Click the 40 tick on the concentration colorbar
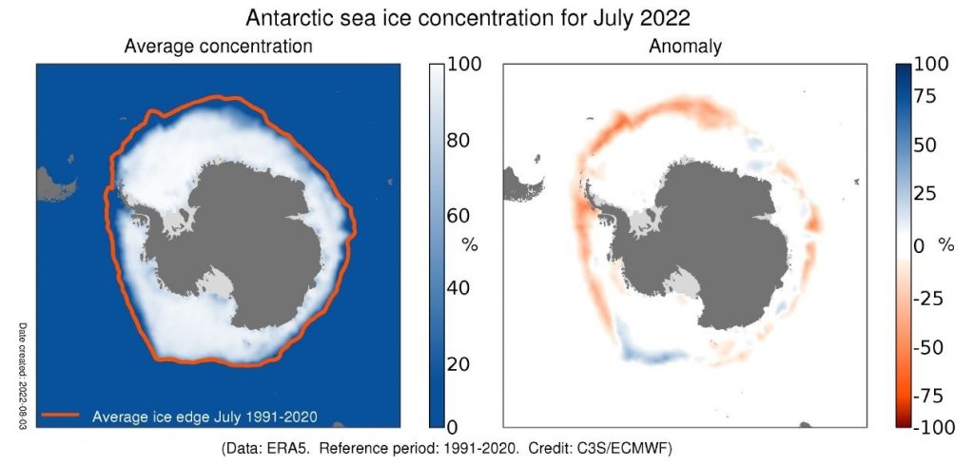tap(465, 289)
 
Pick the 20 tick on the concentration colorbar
tap(465, 364)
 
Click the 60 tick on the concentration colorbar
tap(465, 214)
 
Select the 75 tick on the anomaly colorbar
tap(932, 96)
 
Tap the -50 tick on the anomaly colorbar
tap(932, 347)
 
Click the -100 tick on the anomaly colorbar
tap(932, 427)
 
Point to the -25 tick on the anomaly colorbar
tap(932, 299)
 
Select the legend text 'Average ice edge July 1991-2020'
tap(205, 415)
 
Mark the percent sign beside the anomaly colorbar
tap(945, 245)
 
